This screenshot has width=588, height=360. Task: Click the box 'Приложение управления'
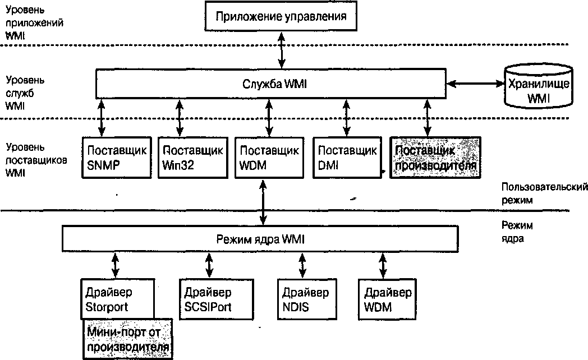(x=282, y=15)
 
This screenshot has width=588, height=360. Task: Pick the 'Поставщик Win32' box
(x=192, y=158)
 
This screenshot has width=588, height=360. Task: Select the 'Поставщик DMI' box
(x=346, y=158)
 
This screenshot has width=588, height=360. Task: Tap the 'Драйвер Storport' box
(x=117, y=299)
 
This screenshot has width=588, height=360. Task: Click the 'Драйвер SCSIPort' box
(x=208, y=299)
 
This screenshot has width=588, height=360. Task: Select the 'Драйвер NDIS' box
(x=305, y=299)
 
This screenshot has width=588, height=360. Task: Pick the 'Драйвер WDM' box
(x=387, y=299)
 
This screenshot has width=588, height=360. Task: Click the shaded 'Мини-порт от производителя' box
(x=128, y=340)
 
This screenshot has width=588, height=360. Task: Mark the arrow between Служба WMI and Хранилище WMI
(x=475, y=84)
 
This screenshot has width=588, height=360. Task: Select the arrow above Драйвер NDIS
(x=303, y=265)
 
